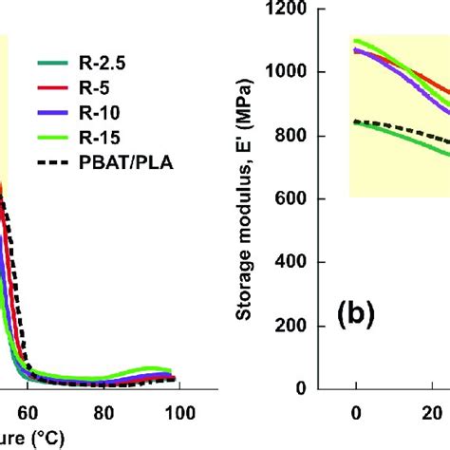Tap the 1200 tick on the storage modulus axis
(x=311, y=9)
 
